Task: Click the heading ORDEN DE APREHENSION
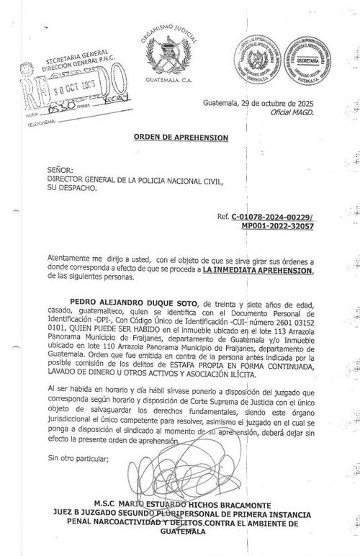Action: coord(181,137)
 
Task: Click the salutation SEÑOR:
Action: coord(60,169)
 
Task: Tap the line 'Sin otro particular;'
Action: coord(77,457)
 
